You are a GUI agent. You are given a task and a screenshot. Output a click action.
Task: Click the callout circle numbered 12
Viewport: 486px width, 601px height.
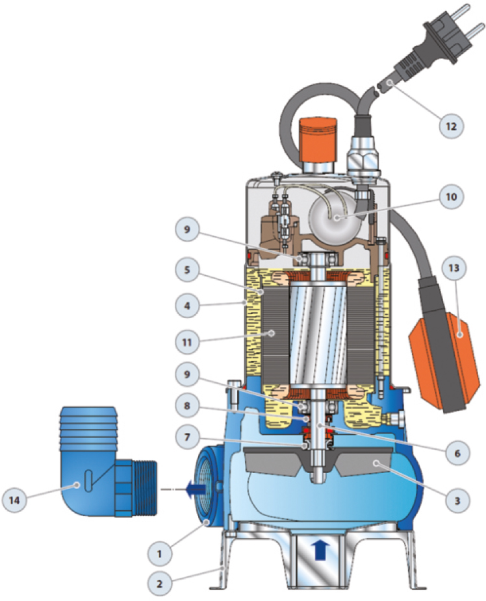coord(451,126)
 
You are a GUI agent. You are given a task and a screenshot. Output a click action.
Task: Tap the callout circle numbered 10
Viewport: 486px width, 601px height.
coord(451,197)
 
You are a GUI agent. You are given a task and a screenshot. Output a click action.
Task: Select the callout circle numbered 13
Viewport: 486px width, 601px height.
coord(454,267)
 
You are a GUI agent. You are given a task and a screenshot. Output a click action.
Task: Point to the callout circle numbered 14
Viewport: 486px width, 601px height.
coord(14,500)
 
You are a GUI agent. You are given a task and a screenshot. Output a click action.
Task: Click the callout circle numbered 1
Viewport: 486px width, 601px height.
coord(160,553)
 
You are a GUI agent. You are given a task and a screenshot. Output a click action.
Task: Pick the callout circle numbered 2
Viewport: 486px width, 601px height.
coord(160,584)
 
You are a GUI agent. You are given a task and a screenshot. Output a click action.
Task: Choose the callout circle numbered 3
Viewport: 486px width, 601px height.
coord(457,500)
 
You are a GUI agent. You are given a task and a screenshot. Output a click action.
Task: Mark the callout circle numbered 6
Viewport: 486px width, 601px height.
coord(457,454)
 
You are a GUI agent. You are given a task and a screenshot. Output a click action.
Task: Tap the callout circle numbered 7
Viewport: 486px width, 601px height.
coord(187,437)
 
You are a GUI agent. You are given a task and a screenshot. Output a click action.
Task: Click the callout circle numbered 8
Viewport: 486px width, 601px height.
coord(187,405)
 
